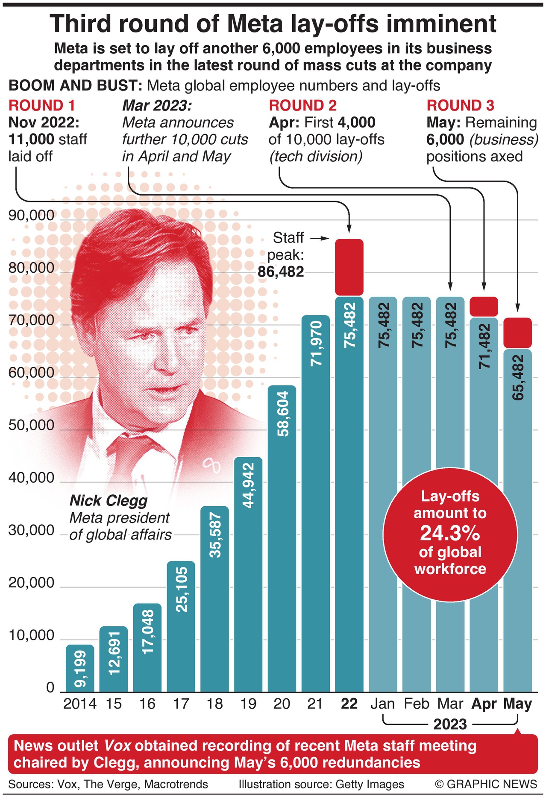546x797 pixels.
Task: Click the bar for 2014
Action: click(80, 668)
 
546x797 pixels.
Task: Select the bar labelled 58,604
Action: click(282, 538)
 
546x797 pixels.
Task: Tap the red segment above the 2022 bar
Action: click(349, 267)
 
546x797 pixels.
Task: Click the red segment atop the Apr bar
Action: click(484, 307)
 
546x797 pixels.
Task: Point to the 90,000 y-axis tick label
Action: click(32, 215)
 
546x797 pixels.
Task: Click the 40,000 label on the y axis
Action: click(32, 478)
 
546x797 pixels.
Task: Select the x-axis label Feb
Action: click(416, 704)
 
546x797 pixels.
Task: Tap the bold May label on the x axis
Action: click(517, 704)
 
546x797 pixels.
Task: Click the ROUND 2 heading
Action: click(302, 105)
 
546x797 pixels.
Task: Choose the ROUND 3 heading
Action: click(460, 105)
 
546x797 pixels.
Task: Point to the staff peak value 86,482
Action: click(281, 272)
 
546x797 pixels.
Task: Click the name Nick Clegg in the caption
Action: click(109, 500)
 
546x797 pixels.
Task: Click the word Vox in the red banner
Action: click(117, 746)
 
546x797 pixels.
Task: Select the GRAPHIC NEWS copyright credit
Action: click(486, 784)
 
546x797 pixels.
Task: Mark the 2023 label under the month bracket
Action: click(450, 724)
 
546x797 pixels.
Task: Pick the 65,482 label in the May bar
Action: click(517, 377)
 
